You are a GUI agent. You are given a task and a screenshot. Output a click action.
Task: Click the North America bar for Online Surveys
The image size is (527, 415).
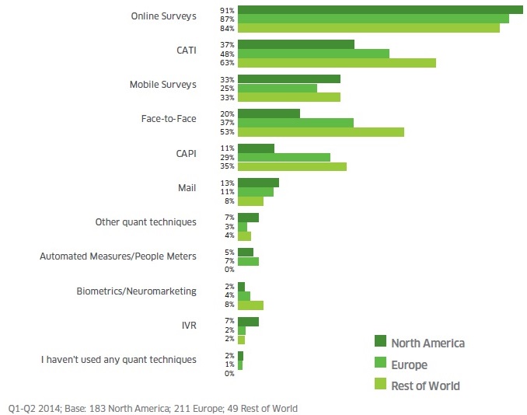pos(380,9)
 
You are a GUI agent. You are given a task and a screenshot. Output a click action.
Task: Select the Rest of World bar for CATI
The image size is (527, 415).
pos(337,63)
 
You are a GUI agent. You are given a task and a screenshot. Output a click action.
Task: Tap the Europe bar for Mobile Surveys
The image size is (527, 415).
pos(277,88)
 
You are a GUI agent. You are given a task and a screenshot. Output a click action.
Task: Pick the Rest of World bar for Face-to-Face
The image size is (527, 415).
pos(321,132)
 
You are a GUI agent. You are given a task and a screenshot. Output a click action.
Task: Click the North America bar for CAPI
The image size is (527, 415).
pos(256,148)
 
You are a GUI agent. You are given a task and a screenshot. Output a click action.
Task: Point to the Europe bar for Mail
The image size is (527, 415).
pos(255,191)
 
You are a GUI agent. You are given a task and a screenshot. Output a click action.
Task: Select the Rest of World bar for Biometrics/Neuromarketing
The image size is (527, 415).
pos(250,305)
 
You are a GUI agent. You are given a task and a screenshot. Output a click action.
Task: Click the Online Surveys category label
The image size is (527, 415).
pos(164,16)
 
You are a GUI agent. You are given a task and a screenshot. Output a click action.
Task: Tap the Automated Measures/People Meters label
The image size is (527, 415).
pos(118,256)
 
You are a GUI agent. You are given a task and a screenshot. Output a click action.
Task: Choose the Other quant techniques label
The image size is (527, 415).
pos(145,221)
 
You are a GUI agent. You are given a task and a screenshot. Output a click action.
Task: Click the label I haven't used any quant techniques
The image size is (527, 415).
pos(118,359)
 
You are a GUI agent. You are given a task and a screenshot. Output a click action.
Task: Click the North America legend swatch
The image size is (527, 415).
pos(380,343)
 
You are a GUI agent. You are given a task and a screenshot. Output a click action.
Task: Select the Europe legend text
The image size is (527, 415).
pos(409,364)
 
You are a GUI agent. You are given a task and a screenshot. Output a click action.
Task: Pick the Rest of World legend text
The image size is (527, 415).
pos(425,385)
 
